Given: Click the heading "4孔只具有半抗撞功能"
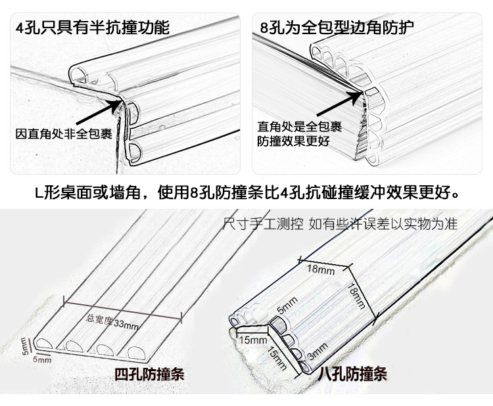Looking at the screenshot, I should pyautogui.click(x=92, y=27).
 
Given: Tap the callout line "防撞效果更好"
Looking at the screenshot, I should pyautogui.click(x=292, y=142).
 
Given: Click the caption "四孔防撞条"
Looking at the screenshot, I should pyautogui.click(x=150, y=375).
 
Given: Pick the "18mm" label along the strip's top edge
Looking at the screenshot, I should pyautogui.click(x=321, y=268).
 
